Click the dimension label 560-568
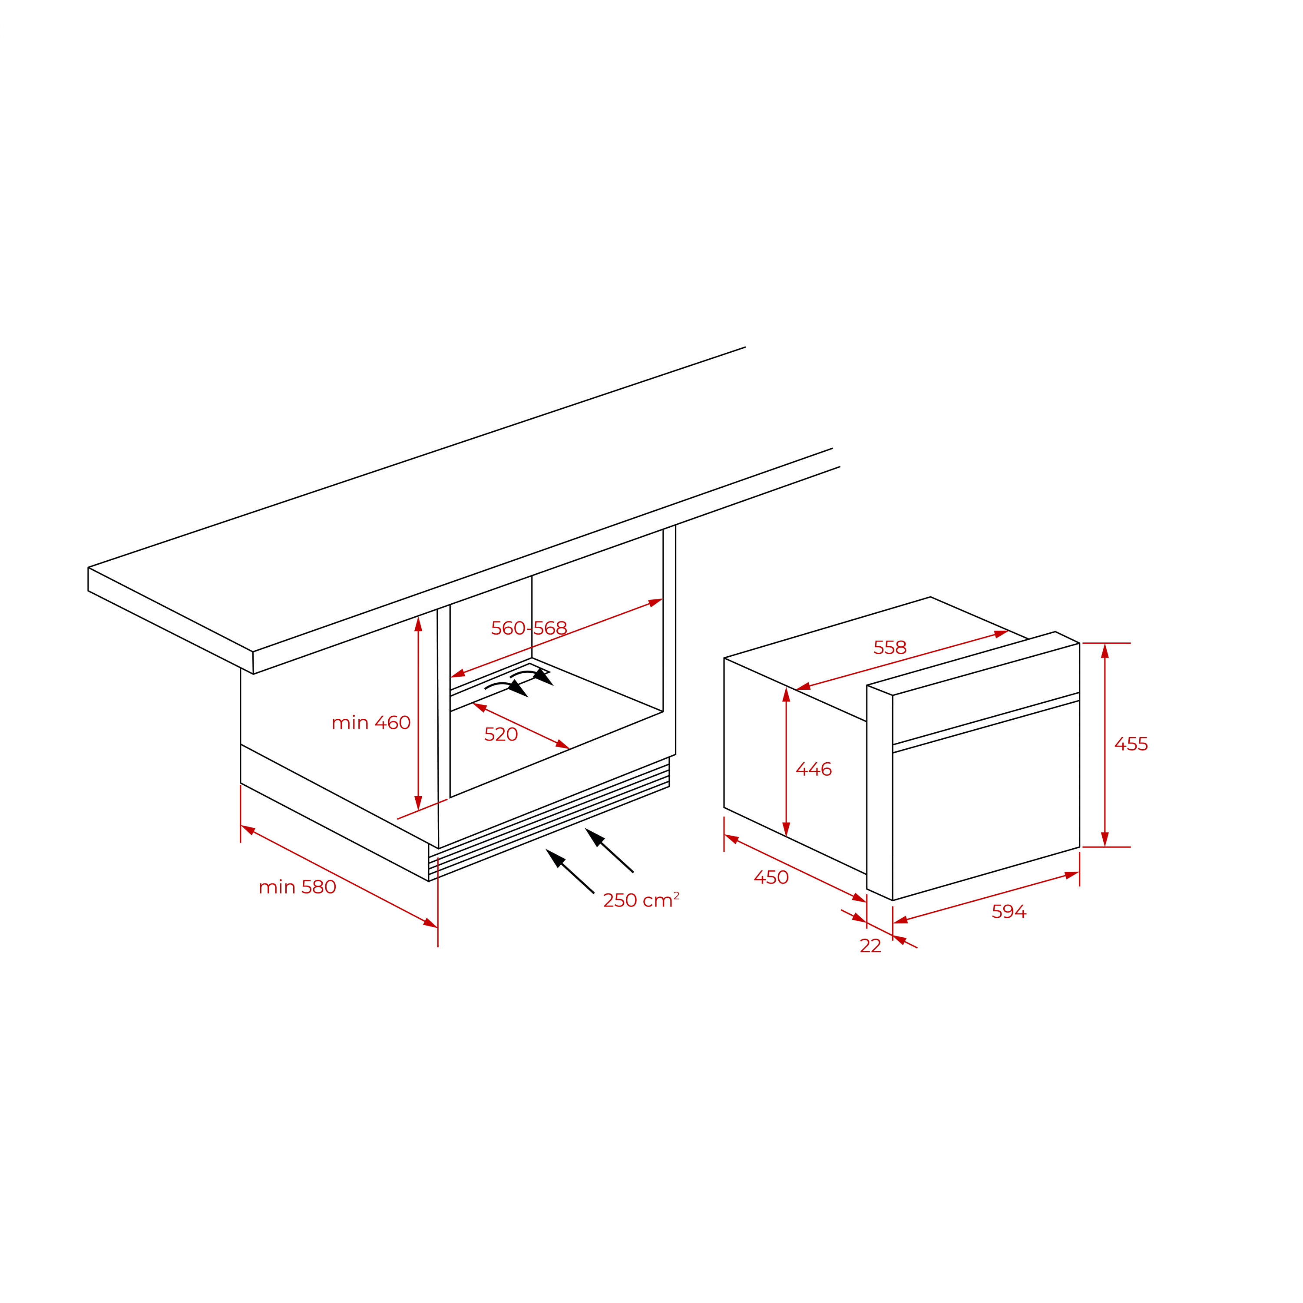(x=529, y=628)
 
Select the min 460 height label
(x=371, y=723)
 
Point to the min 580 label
(x=298, y=887)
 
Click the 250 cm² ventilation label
(x=641, y=900)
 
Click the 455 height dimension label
(x=1131, y=744)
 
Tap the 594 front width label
(x=1009, y=912)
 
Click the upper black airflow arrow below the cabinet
(x=609, y=850)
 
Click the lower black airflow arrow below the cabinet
(x=570, y=871)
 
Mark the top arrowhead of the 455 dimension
(x=1105, y=651)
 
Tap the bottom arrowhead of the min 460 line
(x=418, y=803)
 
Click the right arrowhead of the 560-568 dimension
(x=655, y=602)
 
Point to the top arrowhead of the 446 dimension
(x=787, y=694)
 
